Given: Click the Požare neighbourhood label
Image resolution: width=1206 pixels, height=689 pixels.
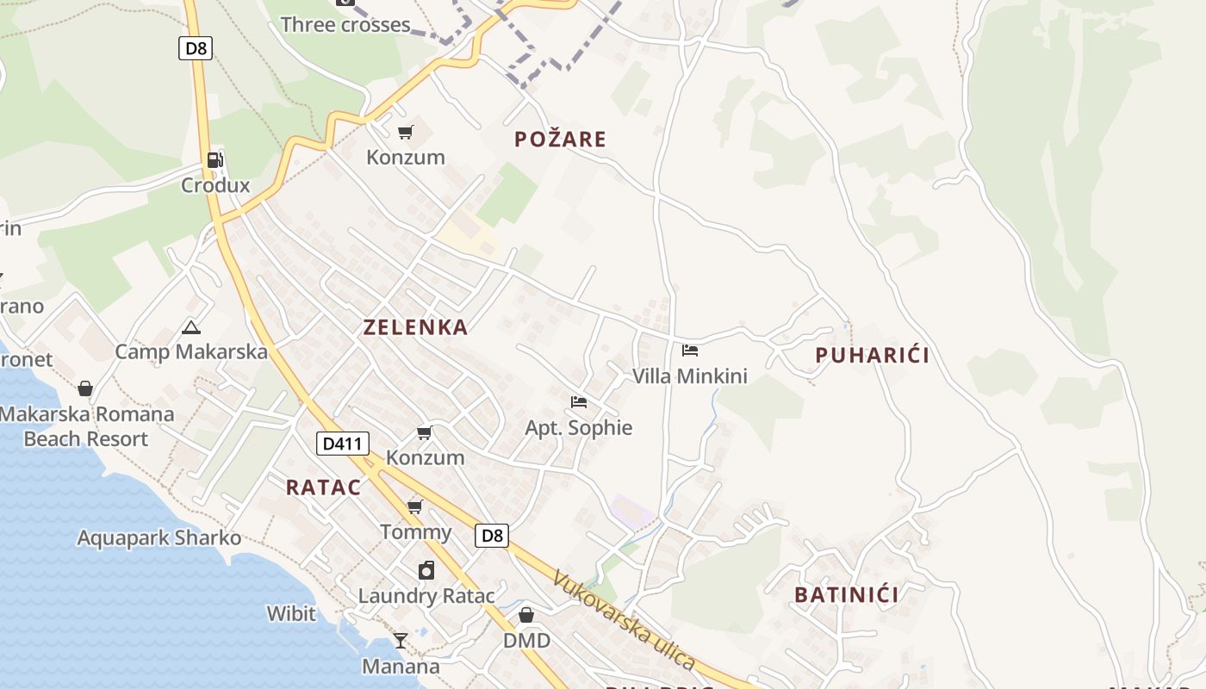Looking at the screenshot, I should (x=560, y=140).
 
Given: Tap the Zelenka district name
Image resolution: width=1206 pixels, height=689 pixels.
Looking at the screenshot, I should (x=415, y=327).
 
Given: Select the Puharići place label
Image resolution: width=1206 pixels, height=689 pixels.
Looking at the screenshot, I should (x=872, y=355).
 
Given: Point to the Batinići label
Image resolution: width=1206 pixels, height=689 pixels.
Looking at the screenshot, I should (x=846, y=594).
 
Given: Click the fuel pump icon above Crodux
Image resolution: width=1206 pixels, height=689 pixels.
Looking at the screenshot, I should (x=214, y=159).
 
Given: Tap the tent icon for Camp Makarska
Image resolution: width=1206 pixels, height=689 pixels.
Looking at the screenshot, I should (x=191, y=327).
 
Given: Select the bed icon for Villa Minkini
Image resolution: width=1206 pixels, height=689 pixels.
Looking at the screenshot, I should (x=690, y=351).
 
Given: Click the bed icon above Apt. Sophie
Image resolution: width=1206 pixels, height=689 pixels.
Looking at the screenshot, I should (x=579, y=402).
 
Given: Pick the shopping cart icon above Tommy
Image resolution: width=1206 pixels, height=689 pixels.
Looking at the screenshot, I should (x=415, y=506).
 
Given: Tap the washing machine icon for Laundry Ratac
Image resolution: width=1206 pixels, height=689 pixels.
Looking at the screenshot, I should (x=426, y=570).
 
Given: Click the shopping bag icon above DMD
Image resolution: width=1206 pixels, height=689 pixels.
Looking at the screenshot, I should (x=526, y=615).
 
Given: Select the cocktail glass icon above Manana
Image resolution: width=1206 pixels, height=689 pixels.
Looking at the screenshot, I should (x=401, y=641).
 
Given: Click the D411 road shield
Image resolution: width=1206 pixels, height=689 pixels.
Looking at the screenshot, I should (x=343, y=444).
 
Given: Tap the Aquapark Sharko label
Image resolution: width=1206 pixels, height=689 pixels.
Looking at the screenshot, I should (x=159, y=538).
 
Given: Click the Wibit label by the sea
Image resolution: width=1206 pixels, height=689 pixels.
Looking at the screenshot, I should (x=291, y=614).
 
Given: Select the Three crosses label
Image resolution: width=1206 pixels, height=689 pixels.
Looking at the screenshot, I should (x=345, y=25).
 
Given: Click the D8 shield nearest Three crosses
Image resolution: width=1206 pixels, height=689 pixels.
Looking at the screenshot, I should (x=196, y=48).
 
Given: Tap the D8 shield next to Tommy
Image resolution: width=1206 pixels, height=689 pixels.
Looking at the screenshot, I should (x=491, y=536).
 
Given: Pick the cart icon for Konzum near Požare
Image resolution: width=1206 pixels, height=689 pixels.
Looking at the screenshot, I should (x=406, y=132).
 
